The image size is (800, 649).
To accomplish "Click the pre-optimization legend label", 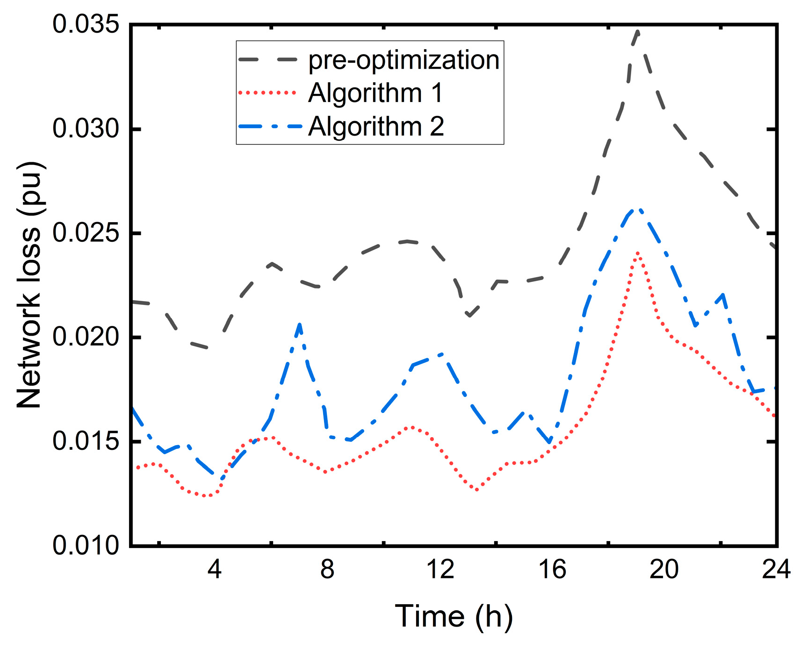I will [404, 60].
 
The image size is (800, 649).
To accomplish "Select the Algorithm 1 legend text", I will [375, 93].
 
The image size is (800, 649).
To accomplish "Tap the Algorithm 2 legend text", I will [375, 126].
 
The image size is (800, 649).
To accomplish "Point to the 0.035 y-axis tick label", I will [86, 24].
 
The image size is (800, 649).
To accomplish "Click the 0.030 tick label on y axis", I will [86, 129].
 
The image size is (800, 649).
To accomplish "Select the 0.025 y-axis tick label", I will [86, 233].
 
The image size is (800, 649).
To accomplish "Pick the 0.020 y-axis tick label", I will [86, 337].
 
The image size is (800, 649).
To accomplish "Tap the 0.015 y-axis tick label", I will [86, 441].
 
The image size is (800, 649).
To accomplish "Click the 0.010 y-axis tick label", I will [86, 545].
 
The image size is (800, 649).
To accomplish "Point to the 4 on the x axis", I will [214, 570].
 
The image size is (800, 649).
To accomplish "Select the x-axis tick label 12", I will [440, 570].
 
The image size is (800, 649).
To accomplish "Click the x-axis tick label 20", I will [664, 570].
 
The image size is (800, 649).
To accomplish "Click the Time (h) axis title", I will [454, 616].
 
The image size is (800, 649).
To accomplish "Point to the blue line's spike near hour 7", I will [300, 324].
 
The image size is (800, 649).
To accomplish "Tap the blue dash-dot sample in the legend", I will [267, 126].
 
